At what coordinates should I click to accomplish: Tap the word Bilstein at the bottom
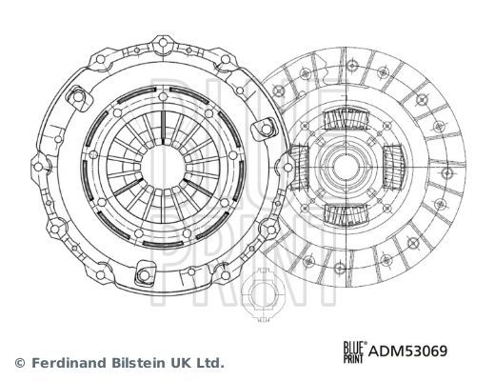[129, 363]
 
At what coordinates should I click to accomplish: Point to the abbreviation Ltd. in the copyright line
[208, 363]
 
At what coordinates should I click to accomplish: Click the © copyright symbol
[19, 363]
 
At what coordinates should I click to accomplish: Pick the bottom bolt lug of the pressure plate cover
[144, 276]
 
